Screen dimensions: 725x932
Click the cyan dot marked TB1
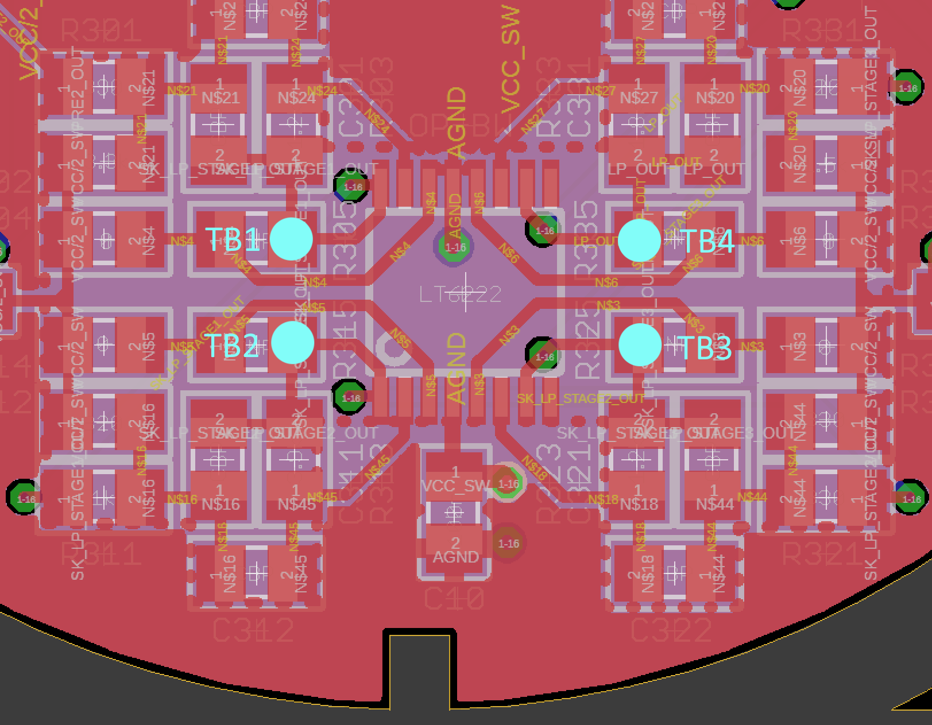pos(291,239)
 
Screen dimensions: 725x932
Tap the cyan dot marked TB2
pos(293,343)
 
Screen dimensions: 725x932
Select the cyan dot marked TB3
pos(640,344)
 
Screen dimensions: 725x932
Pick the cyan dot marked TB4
pos(640,241)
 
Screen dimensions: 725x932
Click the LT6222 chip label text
pos(461,295)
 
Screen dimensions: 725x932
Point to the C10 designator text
pos(454,600)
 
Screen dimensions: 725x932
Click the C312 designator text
pos(253,630)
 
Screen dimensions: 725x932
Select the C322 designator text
pos(671,630)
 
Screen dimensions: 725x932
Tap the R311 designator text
pos(100,555)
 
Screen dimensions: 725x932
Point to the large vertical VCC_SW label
pos(511,60)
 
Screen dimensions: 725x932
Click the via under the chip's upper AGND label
pos(455,247)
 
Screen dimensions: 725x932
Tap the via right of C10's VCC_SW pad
pos(508,483)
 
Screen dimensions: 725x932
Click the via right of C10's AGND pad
pos(508,543)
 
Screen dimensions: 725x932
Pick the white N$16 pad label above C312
pos(221,504)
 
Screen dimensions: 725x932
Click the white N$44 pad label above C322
pos(715,504)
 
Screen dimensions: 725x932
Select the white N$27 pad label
pos(639,98)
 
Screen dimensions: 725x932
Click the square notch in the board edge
pos(419,666)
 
